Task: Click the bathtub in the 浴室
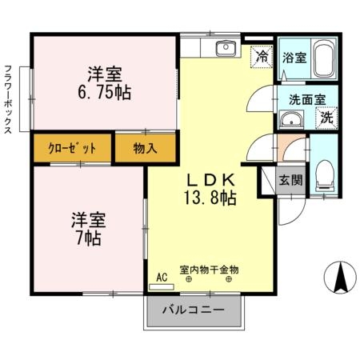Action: point(323,58)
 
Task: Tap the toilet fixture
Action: point(325,176)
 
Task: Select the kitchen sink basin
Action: point(226,48)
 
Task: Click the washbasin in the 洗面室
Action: point(291,120)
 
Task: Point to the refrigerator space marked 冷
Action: point(262,57)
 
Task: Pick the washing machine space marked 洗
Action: point(326,118)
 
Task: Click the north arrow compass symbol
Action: point(340,278)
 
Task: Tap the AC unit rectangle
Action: point(162,287)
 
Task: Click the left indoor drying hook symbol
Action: point(189,280)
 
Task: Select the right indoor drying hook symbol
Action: point(229,280)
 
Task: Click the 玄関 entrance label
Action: point(290,180)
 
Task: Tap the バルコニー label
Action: point(194,310)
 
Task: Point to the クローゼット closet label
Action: point(72,148)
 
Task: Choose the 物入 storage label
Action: point(145,148)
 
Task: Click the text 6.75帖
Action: point(105,93)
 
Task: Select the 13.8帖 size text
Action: point(210,198)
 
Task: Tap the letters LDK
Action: point(210,180)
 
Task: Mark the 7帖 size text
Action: point(89,238)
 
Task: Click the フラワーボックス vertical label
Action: point(9,99)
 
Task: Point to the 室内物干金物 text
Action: point(209,270)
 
